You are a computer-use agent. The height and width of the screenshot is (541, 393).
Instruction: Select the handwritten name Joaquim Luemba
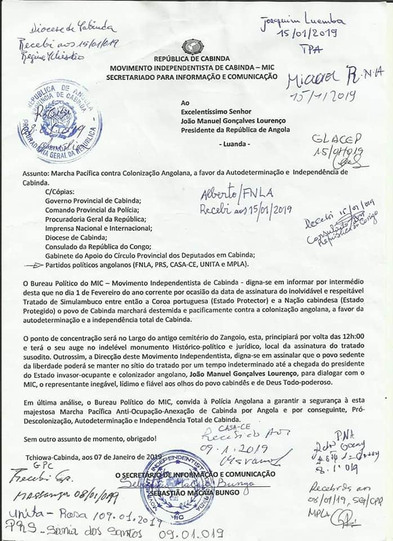click(x=298, y=21)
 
